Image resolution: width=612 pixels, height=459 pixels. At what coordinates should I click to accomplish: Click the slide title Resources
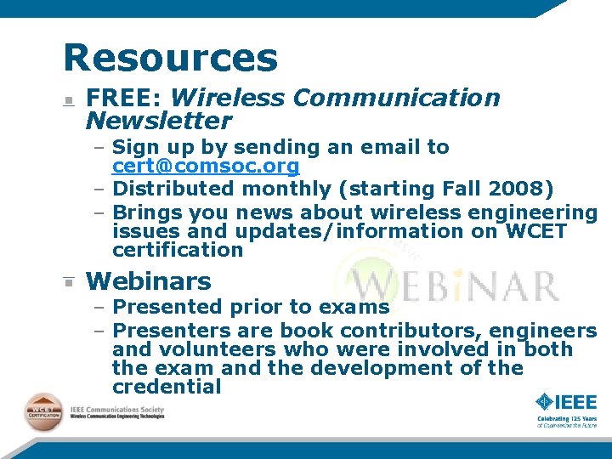(x=170, y=58)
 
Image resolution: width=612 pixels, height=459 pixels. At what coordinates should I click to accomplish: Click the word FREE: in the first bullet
(x=124, y=99)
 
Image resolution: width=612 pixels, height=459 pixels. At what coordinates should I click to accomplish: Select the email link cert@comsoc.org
(x=206, y=166)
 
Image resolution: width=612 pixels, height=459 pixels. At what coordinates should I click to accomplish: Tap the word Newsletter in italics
(x=159, y=121)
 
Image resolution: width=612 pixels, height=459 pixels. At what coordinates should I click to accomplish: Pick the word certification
(x=178, y=250)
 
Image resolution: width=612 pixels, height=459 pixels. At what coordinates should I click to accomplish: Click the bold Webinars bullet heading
(x=149, y=281)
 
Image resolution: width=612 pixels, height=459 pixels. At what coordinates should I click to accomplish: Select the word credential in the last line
(x=167, y=388)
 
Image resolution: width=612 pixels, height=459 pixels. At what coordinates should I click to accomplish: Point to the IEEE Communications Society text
(x=117, y=409)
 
